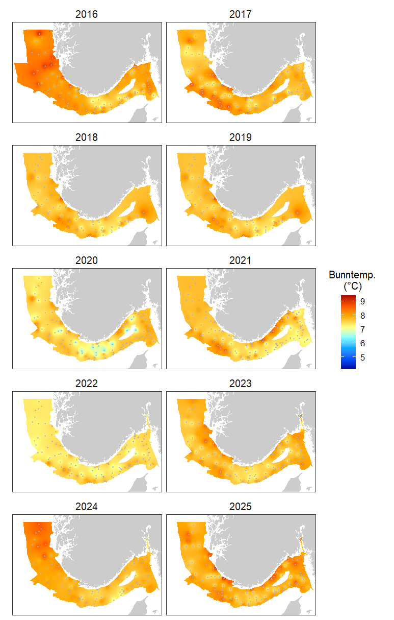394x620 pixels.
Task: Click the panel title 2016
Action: pyautogui.click(x=87, y=14)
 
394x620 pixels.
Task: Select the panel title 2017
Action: pyautogui.click(x=241, y=14)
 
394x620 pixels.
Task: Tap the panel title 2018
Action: pyautogui.click(x=87, y=137)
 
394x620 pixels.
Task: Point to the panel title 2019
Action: pyautogui.click(x=241, y=137)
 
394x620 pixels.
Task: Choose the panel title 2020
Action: pyautogui.click(x=87, y=260)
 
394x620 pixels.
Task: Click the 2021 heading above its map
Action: pyautogui.click(x=241, y=260)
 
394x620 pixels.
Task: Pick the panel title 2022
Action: pyautogui.click(x=87, y=384)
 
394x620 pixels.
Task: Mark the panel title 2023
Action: pyautogui.click(x=241, y=384)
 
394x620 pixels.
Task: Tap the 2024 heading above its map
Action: pyautogui.click(x=87, y=507)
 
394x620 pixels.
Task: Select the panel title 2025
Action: pyautogui.click(x=241, y=507)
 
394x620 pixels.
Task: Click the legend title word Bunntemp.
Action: pyautogui.click(x=352, y=275)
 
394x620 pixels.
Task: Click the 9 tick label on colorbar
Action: pyautogui.click(x=363, y=301)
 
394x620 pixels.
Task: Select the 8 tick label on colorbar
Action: pyautogui.click(x=363, y=315)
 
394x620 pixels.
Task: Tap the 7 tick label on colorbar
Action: pyautogui.click(x=363, y=329)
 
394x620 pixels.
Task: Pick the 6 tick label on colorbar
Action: pyautogui.click(x=363, y=343)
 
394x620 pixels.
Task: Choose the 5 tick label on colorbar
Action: pyautogui.click(x=363, y=357)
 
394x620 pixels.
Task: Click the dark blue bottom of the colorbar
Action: pyautogui.click(x=348, y=366)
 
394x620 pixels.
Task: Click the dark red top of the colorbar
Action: pyautogui.click(x=348, y=297)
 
